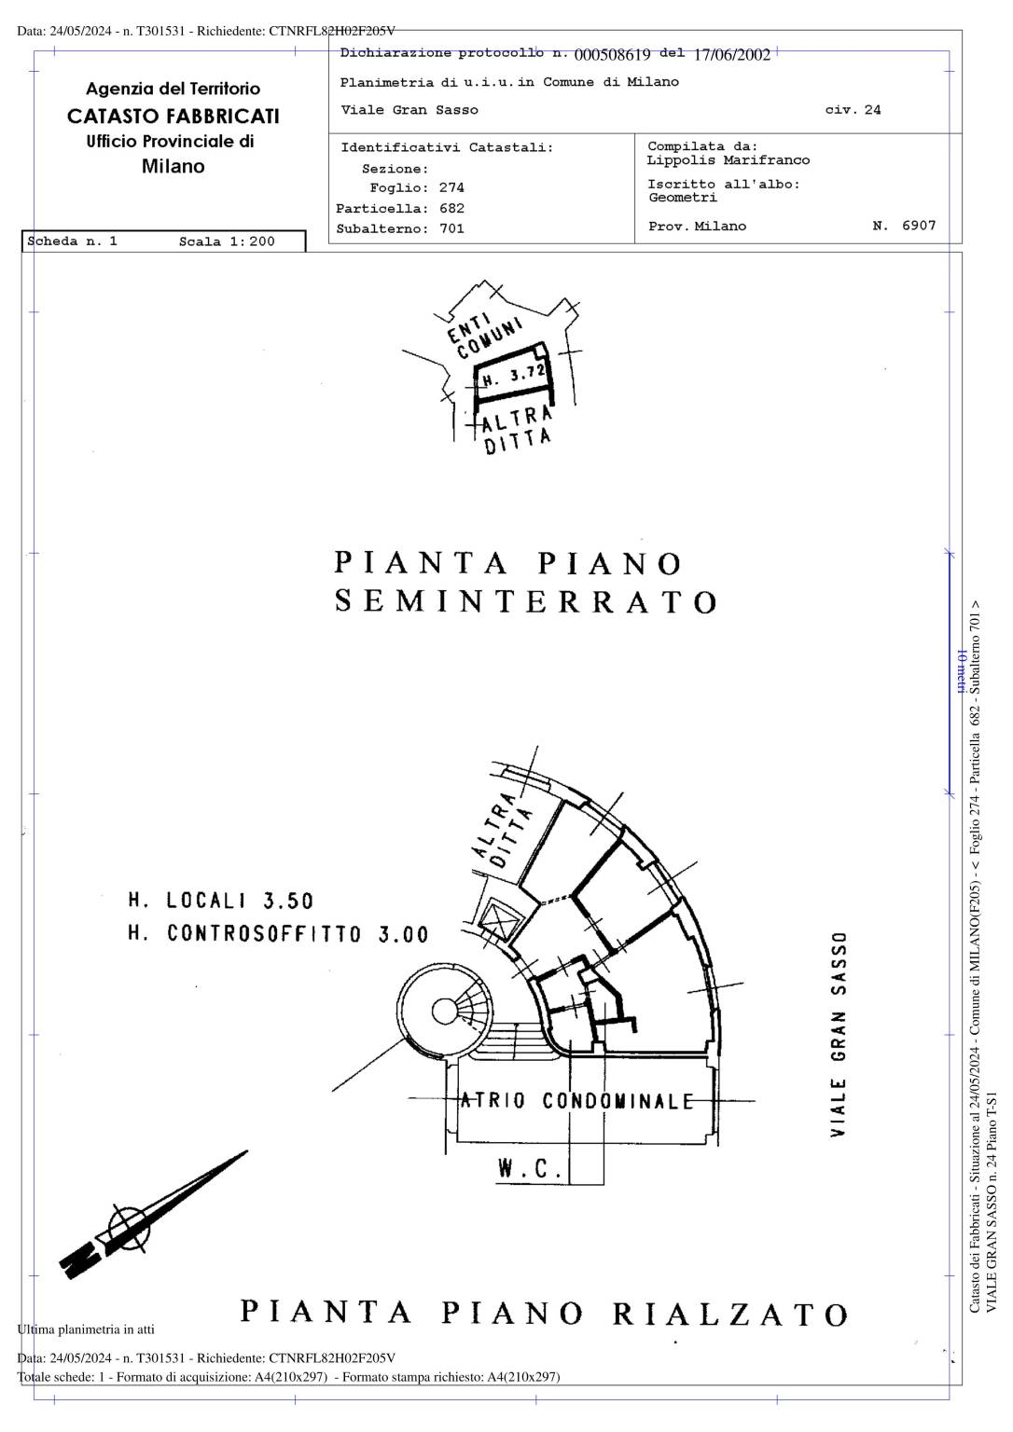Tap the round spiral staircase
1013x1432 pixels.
pos(445,1011)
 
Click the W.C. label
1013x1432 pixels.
pos(530,1168)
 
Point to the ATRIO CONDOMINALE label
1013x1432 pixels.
pos(576,1101)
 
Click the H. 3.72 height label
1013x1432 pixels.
pos(514,376)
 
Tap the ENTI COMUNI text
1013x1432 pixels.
pos(484,335)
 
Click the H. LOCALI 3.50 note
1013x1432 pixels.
pos(221,901)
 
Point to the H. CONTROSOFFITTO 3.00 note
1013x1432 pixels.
pos(278,934)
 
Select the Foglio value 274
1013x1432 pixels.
pos(451,188)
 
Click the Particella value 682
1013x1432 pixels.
pos(451,209)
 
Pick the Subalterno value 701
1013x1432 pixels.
pos(451,228)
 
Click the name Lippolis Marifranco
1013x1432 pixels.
pos(729,160)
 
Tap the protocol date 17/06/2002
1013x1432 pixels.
pos(732,55)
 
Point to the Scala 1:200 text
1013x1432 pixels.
pos(227,241)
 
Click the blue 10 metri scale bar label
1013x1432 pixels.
pos(961,671)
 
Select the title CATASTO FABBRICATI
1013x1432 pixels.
pos(173,117)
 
